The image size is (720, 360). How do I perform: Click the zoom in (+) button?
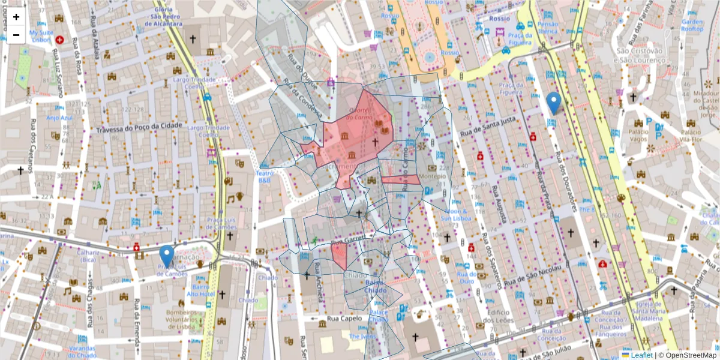(x=16, y=17)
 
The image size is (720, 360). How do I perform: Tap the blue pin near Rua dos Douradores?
(x=554, y=103)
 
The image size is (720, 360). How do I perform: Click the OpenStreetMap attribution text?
(x=688, y=355)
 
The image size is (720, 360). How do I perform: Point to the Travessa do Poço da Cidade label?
(x=140, y=130)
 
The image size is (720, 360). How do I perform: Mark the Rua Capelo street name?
(x=345, y=319)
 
